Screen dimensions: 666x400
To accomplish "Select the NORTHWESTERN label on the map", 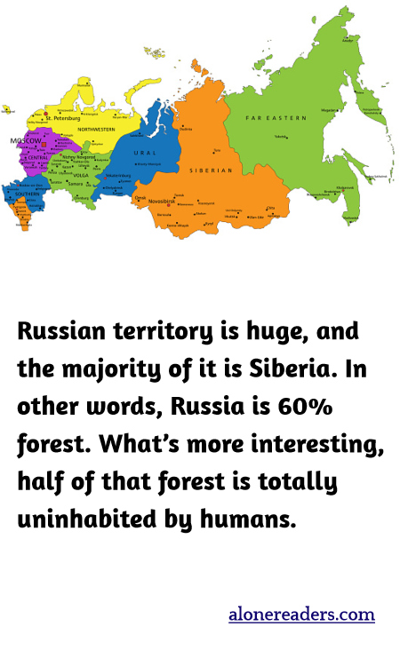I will pos(96,130).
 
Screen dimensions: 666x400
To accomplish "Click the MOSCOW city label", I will pos(26,141).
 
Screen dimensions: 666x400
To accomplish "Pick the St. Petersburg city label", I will pos(63,117).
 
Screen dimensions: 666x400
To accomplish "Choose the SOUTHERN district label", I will pos(28,194).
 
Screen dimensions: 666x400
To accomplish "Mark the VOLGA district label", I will pos(81,175).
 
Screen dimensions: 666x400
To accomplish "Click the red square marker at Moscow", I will pos(41,144).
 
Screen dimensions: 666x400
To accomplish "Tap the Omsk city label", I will pos(140,196).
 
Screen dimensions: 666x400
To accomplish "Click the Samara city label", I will pos(75,184).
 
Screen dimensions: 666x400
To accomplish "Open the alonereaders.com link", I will pos(301,614).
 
